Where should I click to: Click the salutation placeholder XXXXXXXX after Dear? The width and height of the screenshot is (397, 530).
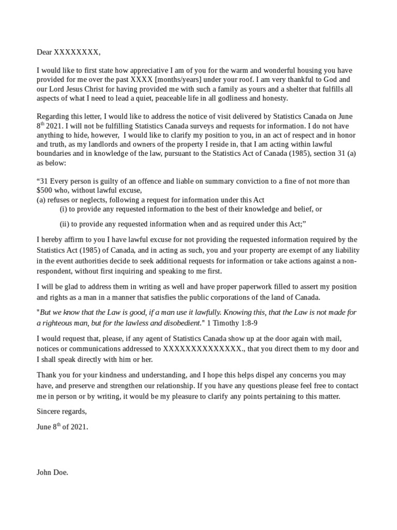tap(77, 52)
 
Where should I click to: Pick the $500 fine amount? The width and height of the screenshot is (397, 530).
tap(45, 190)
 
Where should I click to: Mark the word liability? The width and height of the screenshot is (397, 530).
tap(343, 249)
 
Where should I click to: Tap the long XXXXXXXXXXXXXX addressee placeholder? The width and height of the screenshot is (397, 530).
tap(202, 349)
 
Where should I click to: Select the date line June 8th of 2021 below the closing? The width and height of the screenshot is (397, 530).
tap(62, 427)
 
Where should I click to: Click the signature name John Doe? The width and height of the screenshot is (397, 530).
tap(52, 472)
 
